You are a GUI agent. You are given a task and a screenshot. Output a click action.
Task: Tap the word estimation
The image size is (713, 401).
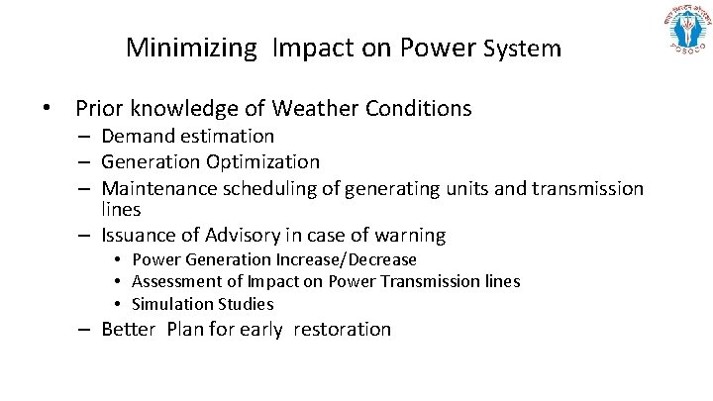(228, 136)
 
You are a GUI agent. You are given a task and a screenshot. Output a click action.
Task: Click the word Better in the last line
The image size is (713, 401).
(129, 330)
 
